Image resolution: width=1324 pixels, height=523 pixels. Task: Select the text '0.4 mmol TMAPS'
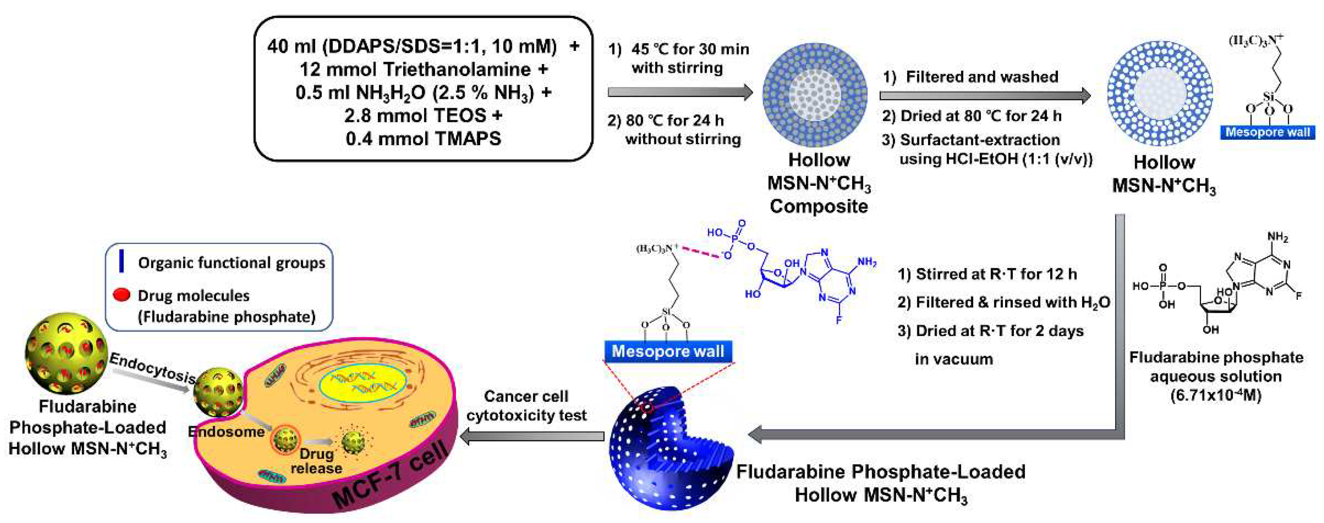tap(423, 139)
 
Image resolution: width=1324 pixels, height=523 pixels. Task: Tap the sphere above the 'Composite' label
tap(815, 95)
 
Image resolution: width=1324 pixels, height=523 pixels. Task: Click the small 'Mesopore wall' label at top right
tap(1268, 132)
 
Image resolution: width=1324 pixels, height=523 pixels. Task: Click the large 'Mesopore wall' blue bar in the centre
tap(668, 351)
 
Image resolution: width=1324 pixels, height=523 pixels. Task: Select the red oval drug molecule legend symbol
tap(121, 295)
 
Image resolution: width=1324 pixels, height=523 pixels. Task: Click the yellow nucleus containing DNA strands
tap(362, 383)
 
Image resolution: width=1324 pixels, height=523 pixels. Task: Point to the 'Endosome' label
tap(226, 431)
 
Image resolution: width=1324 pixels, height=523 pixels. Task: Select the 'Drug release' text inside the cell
tap(316, 461)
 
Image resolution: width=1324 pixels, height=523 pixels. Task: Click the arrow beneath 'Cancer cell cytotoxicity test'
tap(532, 436)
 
